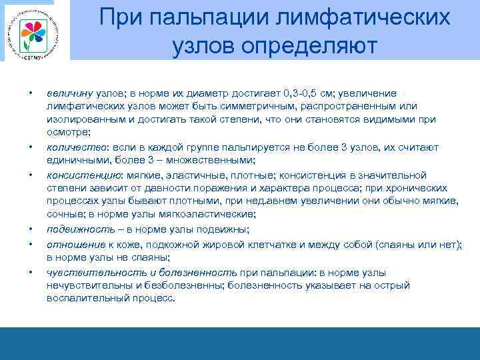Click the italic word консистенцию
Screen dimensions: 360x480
(80, 175)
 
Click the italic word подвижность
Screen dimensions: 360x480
(75, 230)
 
